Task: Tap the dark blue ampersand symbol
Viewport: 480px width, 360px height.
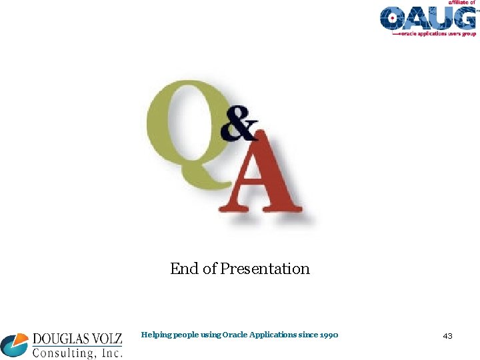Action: pos(239,125)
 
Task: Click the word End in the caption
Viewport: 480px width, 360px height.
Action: pos(184,269)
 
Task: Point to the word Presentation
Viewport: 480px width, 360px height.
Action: pos(265,269)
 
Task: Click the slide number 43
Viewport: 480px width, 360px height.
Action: pos(447,336)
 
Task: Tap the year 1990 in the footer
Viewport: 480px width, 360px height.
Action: pos(328,335)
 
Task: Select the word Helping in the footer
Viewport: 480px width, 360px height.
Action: pos(156,335)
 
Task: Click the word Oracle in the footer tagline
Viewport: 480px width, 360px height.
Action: pos(236,335)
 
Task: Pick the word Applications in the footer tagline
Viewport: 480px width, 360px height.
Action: pos(274,335)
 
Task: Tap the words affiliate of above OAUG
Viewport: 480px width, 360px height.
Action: pos(461,3)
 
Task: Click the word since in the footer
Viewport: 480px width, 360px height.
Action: pos(309,335)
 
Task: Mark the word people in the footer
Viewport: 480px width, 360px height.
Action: pos(185,335)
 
